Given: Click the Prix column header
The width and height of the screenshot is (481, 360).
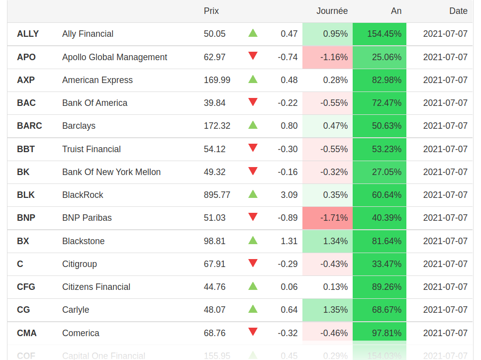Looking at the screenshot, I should (211, 11).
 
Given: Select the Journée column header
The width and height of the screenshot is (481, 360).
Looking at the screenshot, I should (332, 11).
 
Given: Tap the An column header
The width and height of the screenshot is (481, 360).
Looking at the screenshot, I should (396, 11).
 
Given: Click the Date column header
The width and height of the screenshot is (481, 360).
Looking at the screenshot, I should (458, 11).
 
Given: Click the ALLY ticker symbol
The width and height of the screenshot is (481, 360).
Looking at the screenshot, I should (28, 34).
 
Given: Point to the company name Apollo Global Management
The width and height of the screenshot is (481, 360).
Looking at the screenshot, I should (114, 57).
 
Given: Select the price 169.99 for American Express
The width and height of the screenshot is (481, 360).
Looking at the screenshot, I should (217, 80).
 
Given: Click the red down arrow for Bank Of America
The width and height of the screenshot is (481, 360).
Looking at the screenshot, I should (253, 102).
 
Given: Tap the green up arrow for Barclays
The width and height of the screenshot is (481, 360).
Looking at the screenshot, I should (253, 125).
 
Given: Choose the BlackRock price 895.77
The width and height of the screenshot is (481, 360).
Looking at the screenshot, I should (217, 195).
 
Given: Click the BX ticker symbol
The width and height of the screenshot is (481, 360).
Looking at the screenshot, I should (23, 241).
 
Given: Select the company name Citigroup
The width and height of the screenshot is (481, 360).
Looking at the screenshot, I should (80, 264).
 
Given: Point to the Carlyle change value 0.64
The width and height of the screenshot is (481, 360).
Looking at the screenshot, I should (289, 310).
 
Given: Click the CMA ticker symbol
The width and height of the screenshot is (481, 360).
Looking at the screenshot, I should (27, 333).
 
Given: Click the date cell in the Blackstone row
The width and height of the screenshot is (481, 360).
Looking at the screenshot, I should (445, 241).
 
